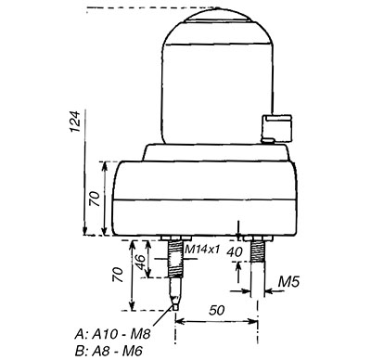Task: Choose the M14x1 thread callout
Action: point(202,250)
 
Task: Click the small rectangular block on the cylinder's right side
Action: point(279,127)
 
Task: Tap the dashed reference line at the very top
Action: point(130,8)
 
